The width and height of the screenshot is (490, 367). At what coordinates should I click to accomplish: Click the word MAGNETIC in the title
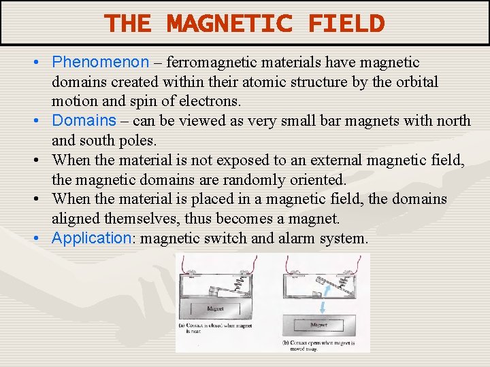(229, 24)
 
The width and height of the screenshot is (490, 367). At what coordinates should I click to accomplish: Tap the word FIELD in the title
(346, 24)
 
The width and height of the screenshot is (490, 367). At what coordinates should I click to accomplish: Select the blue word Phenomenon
(100, 63)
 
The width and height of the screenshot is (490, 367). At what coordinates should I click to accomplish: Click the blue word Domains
(84, 121)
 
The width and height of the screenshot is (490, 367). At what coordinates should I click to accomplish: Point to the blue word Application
(91, 239)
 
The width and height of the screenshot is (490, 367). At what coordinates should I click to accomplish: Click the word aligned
(78, 219)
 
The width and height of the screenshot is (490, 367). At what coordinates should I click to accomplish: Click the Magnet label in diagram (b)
(318, 325)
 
